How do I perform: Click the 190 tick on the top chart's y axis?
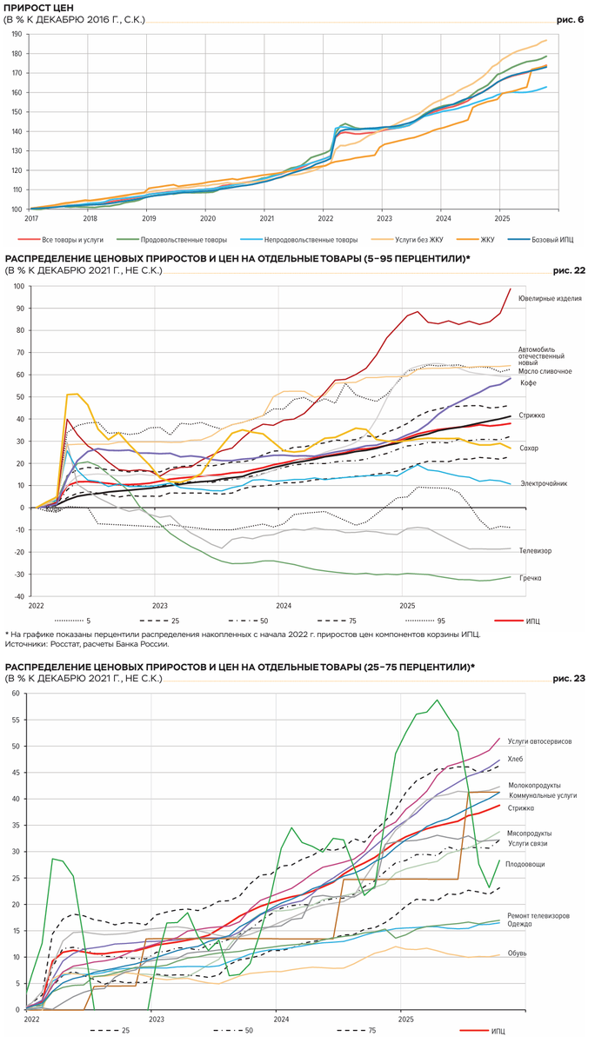tap(17, 34)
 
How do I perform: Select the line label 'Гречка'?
tap(531, 578)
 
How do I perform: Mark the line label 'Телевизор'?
tap(535, 551)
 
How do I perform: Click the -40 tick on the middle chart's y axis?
tap(17, 596)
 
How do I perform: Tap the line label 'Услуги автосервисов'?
tap(538, 741)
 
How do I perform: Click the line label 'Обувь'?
tap(517, 953)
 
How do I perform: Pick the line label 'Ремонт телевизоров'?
tap(538, 916)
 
